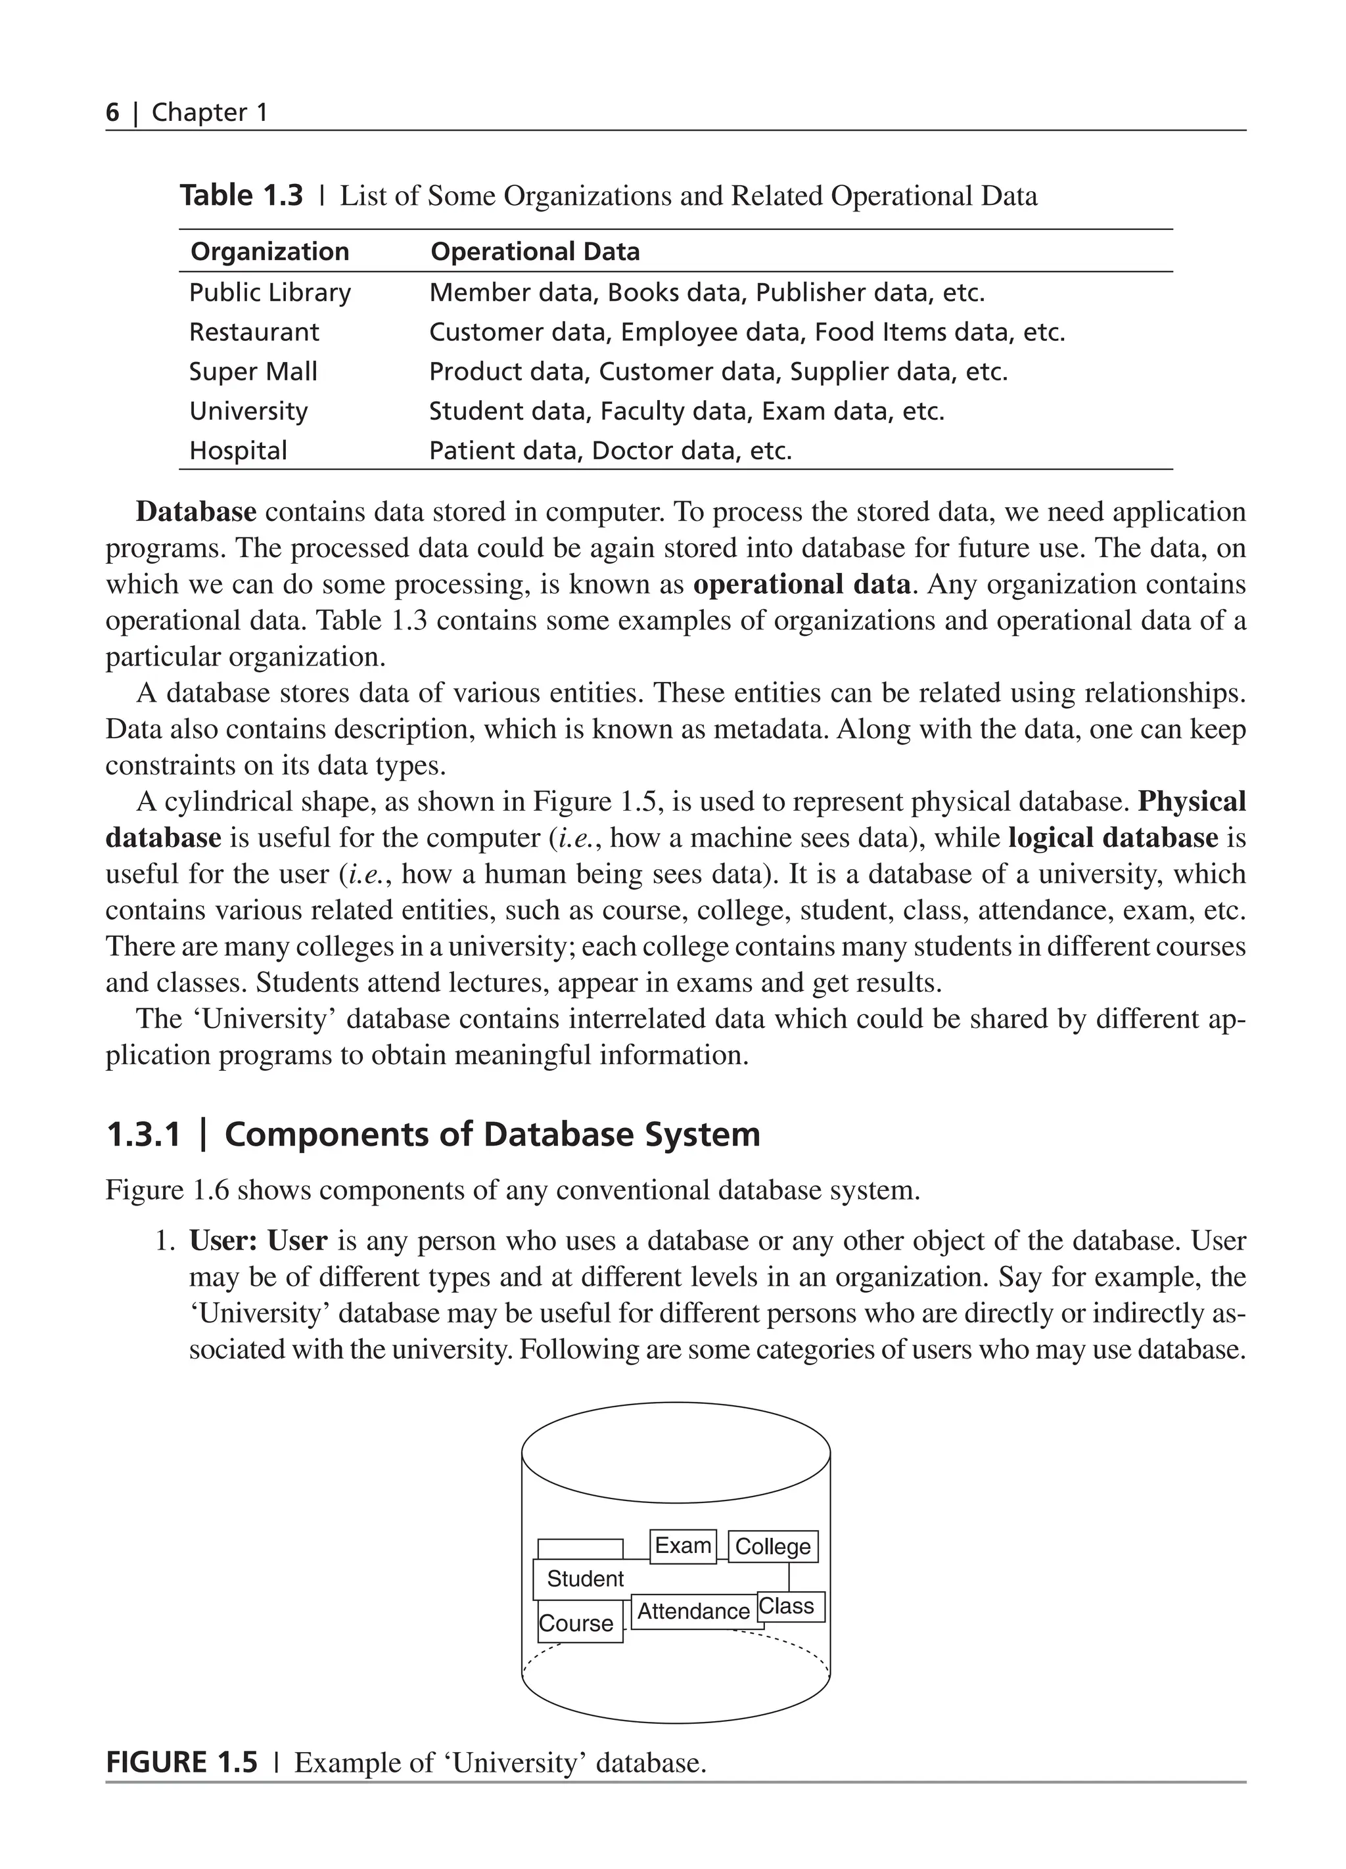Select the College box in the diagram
tap(772, 1547)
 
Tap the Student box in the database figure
tap(586, 1579)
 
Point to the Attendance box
tap(694, 1611)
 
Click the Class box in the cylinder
tap(789, 1606)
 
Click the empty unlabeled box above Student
tap(580, 1549)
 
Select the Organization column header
tap(269, 252)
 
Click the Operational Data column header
tap(535, 252)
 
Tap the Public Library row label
tap(269, 292)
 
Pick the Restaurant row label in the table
tap(254, 332)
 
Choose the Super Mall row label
tap(253, 372)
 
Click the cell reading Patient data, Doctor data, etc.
tap(610, 451)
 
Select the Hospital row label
tap(238, 451)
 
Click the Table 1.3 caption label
tap(241, 196)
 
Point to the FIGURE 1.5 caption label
tap(181, 1763)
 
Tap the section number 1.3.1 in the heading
tap(143, 1135)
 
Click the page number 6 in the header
tap(112, 112)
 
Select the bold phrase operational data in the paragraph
tap(801, 584)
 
